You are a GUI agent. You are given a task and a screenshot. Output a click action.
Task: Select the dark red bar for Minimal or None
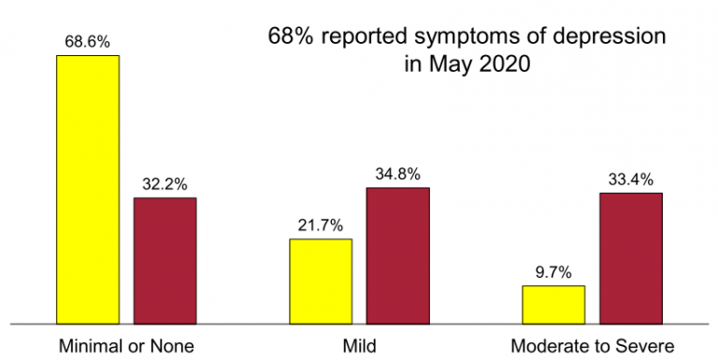tap(165, 260)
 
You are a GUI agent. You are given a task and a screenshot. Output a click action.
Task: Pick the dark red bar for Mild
tap(397, 254)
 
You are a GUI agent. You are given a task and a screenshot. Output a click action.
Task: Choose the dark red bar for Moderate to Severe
tap(630, 257)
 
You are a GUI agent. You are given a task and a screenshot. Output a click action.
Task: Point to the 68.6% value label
tap(88, 42)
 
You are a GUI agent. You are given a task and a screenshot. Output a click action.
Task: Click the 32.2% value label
tap(165, 184)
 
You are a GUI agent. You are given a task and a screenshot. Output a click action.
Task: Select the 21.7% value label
tap(321, 225)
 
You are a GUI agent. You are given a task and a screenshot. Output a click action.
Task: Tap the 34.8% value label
tap(397, 174)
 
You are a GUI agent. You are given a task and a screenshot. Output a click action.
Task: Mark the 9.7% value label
tap(553, 272)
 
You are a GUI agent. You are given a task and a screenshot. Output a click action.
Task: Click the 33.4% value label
tap(630, 180)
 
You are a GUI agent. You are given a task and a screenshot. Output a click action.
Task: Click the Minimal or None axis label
tap(126, 346)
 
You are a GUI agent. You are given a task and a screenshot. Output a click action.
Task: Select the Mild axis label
tap(359, 346)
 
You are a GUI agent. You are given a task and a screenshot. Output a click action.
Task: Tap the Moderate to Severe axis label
tap(592, 346)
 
